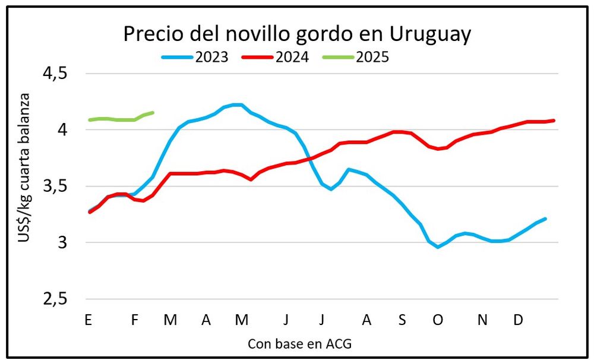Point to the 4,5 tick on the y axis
pyautogui.click(x=54, y=74)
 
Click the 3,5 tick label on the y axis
pyautogui.click(x=54, y=187)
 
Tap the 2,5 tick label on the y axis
pyautogui.click(x=54, y=299)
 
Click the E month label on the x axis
pyautogui.click(x=88, y=320)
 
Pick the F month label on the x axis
pyautogui.click(x=134, y=320)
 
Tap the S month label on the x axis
pyautogui.click(x=402, y=320)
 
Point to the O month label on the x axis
pyautogui.click(x=438, y=320)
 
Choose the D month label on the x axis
pyautogui.click(x=518, y=320)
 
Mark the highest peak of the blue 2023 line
pyautogui.click(x=237, y=105)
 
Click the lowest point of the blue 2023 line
pyautogui.click(x=438, y=247)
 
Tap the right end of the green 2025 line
pyautogui.click(x=153, y=112)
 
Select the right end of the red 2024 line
pyautogui.click(x=554, y=121)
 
